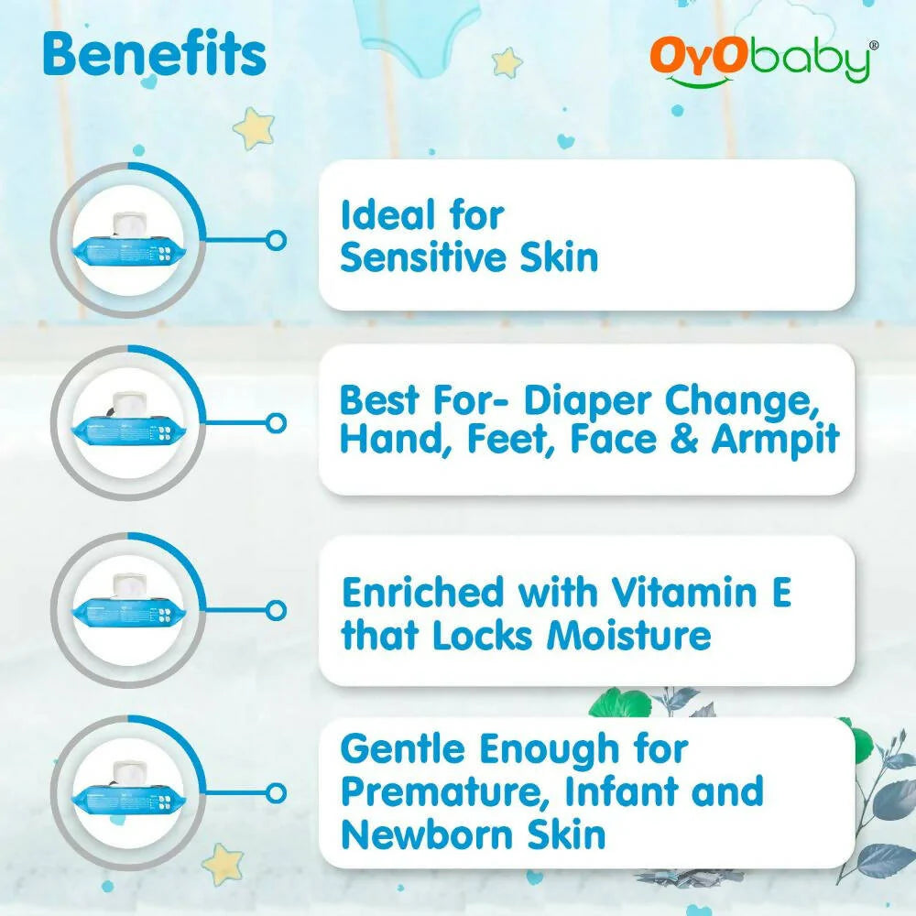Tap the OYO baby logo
pos(765,62)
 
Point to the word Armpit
pos(775,440)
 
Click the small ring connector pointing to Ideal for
pos(275,240)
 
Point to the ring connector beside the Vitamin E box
pos(275,608)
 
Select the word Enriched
pos(422,593)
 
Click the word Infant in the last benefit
pos(618,791)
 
